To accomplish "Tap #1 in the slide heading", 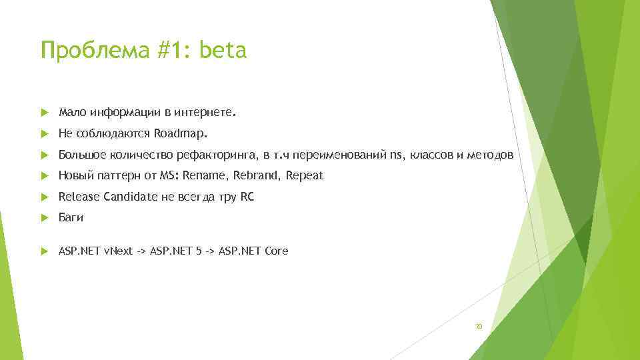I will tap(169, 50).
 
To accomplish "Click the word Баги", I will tap(71, 218).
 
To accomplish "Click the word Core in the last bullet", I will tap(276, 251).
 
